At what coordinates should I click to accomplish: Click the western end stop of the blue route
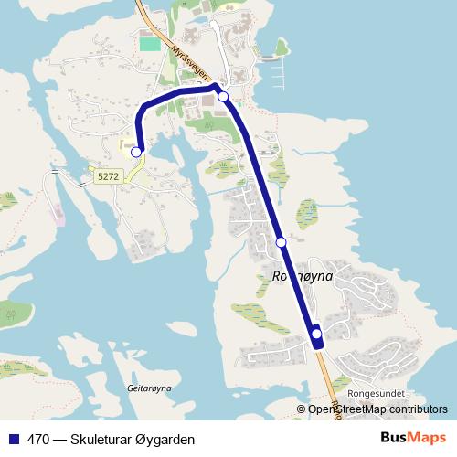tap(136, 152)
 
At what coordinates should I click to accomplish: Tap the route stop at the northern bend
tap(223, 96)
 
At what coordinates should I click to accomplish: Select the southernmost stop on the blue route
tap(317, 334)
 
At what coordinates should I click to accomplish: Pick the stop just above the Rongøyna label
tap(282, 242)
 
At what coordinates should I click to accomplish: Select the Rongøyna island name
tap(302, 275)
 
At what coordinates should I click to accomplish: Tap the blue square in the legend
tap(14, 440)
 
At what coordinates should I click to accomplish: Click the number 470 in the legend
tap(38, 440)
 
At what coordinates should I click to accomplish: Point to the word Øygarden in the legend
tap(165, 440)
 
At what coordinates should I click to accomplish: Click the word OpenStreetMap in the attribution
tap(347, 409)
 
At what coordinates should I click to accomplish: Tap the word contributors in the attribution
tap(419, 409)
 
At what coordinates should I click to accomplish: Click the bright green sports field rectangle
tap(149, 43)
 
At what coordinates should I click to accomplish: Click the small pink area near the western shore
tap(59, 217)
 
